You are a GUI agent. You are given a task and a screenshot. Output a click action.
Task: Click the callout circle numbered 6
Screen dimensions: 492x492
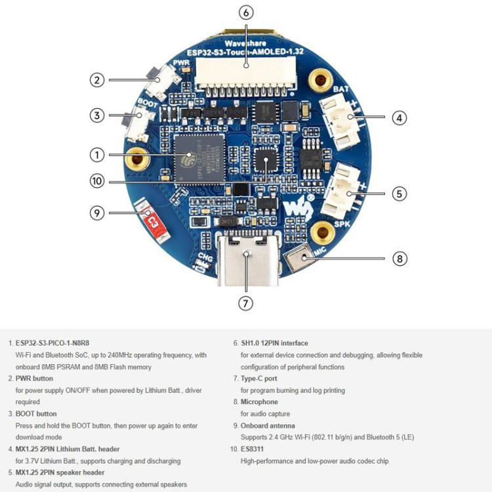(246, 12)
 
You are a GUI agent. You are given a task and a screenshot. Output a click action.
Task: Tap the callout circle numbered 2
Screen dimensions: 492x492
(97, 80)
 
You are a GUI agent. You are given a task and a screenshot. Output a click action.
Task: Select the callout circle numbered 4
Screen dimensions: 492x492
(399, 118)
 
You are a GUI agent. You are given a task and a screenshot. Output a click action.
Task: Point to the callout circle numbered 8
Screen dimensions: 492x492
(400, 258)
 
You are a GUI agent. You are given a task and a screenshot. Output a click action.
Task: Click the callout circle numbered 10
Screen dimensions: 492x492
(97, 181)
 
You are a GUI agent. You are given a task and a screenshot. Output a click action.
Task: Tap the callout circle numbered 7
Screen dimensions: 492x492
(246, 303)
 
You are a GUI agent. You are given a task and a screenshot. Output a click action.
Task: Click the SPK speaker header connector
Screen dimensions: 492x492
(342, 192)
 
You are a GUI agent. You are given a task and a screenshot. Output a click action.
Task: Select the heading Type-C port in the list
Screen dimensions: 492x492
(258, 379)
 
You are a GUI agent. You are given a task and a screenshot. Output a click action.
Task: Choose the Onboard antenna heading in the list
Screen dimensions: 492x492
(268, 426)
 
